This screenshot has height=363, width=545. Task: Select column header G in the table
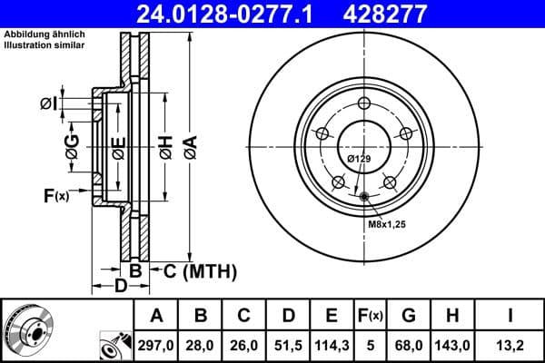pyautogui.click(x=409, y=316)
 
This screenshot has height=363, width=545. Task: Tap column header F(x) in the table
pyautogui.click(x=370, y=316)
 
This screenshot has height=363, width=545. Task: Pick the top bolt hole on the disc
pyautogui.click(x=364, y=103)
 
